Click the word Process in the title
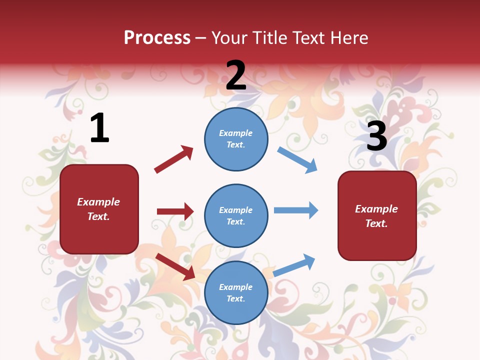coord(157,38)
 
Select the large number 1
coord(99,128)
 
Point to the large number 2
coord(236,75)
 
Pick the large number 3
coord(376,136)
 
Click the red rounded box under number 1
coord(99,209)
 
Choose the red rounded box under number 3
coord(377,216)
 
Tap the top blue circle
coord(236,139)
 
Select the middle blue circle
coord(236,216)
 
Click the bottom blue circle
coord(236,293)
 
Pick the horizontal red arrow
coord(175,211)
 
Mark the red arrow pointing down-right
coord(175,266)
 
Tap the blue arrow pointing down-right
coord(297,159)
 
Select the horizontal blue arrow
coord(295,210)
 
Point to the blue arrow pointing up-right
coord(294,265)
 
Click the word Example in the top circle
coord(236,133)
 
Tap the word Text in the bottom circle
coord(235,299)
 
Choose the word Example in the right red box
coord(376,209)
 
